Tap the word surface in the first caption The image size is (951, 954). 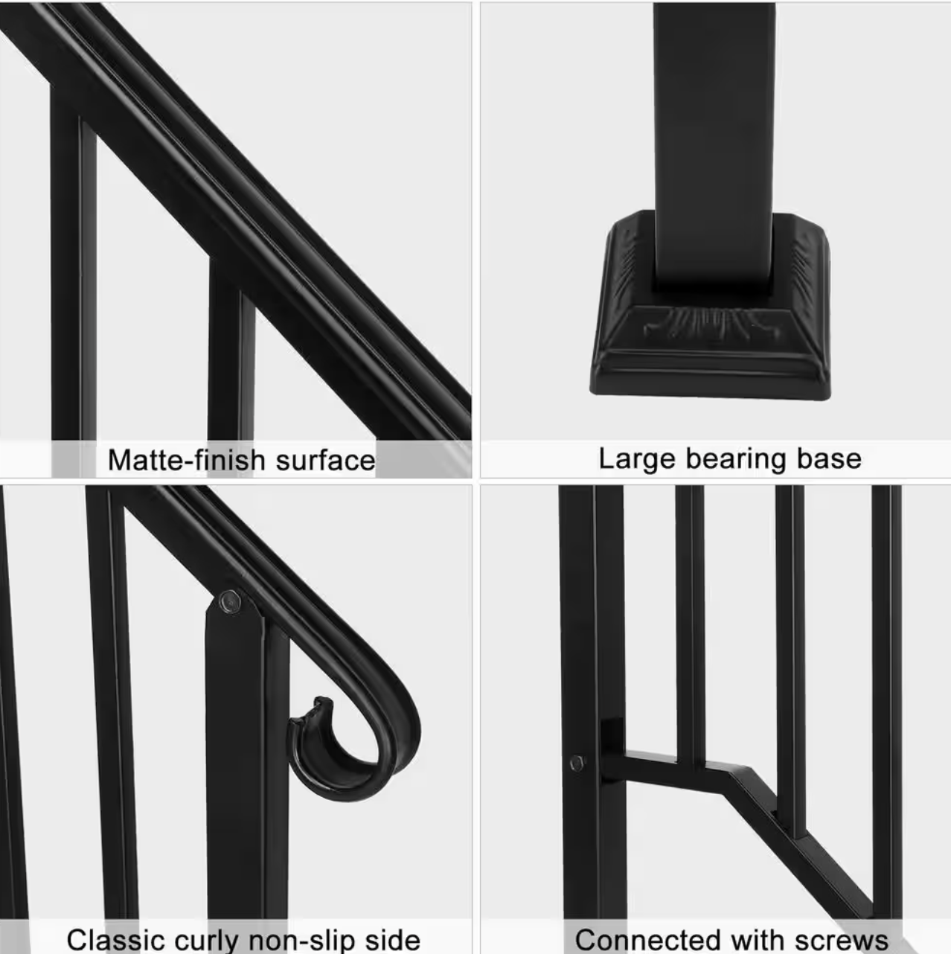tap(325, 461)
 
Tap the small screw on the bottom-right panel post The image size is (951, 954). tap(576, 763)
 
